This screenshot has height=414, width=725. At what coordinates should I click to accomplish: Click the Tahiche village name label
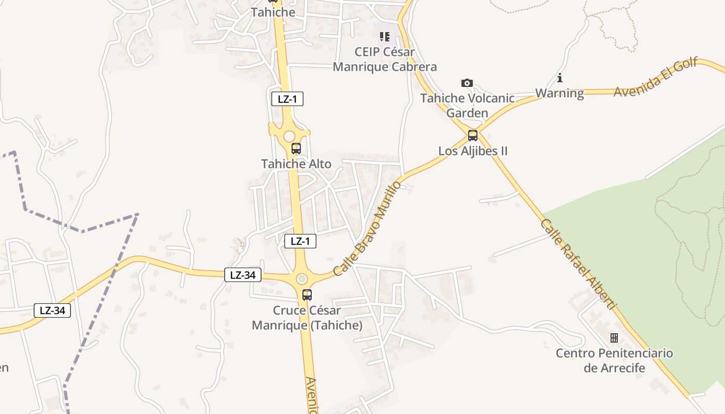(273, 12)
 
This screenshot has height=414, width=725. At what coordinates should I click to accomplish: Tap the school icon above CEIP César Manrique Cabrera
(384, 36)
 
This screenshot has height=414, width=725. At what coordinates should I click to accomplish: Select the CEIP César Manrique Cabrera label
(385, 60)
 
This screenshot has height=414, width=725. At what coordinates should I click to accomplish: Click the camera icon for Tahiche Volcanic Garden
(467, 83)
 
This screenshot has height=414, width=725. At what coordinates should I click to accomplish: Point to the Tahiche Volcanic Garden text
(467, 105)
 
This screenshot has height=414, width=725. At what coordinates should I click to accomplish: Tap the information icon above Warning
(559, 78)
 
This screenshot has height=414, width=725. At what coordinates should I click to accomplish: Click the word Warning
(559, 93)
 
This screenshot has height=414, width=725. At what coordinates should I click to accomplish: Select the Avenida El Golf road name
(655, 77)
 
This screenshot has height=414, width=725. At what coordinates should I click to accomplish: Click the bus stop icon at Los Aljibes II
(473, 136)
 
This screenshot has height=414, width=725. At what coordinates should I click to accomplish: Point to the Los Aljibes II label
(473, 151)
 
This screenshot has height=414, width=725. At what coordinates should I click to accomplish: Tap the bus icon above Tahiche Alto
(296, 149)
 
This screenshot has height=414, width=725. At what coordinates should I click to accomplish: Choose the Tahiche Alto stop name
(296, 164)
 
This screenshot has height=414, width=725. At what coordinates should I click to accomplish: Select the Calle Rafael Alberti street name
(578, 264)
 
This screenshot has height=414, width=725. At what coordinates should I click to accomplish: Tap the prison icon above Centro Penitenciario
(614, 338)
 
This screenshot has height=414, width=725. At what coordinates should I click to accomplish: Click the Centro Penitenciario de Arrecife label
(614, 360)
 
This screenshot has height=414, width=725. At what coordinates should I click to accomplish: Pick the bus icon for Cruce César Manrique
(307, 295)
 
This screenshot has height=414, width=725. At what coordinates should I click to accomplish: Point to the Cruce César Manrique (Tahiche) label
(307, 318)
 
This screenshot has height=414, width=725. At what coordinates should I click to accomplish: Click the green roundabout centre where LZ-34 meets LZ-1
(302, 279)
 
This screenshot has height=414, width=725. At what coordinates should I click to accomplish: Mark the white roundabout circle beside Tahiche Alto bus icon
(289, 136)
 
